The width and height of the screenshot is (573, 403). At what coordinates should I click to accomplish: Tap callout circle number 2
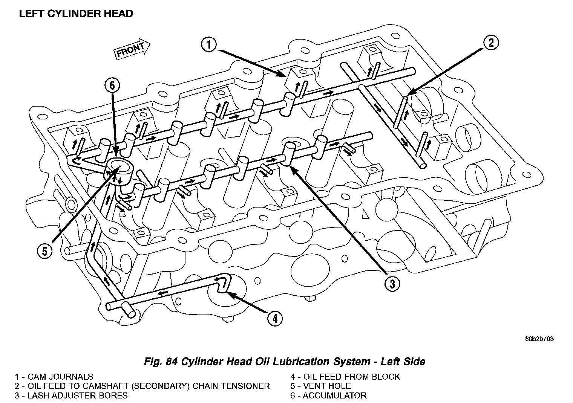click(490, 43)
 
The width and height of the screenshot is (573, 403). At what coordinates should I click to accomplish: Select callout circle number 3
click(392, 284)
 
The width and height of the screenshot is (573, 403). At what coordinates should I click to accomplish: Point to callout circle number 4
click(275, 319)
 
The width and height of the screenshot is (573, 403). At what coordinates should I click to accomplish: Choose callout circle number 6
click(112, 85)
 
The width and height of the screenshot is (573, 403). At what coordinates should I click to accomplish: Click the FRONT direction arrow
click(132, 49)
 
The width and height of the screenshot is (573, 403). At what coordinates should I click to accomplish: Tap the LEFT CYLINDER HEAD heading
click(76, 14)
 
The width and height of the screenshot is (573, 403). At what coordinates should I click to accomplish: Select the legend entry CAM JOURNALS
click(54, 377)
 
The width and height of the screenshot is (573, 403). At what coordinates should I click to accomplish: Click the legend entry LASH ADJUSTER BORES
click(72, 395)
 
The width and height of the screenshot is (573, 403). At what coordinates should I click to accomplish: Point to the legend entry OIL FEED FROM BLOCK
click(345, 377)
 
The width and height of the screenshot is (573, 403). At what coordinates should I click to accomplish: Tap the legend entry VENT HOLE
click(321, 386)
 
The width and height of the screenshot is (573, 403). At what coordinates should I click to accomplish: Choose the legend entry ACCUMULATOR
click(328, 395)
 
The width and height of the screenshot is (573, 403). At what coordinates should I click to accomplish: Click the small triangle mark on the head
click(365, 215)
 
